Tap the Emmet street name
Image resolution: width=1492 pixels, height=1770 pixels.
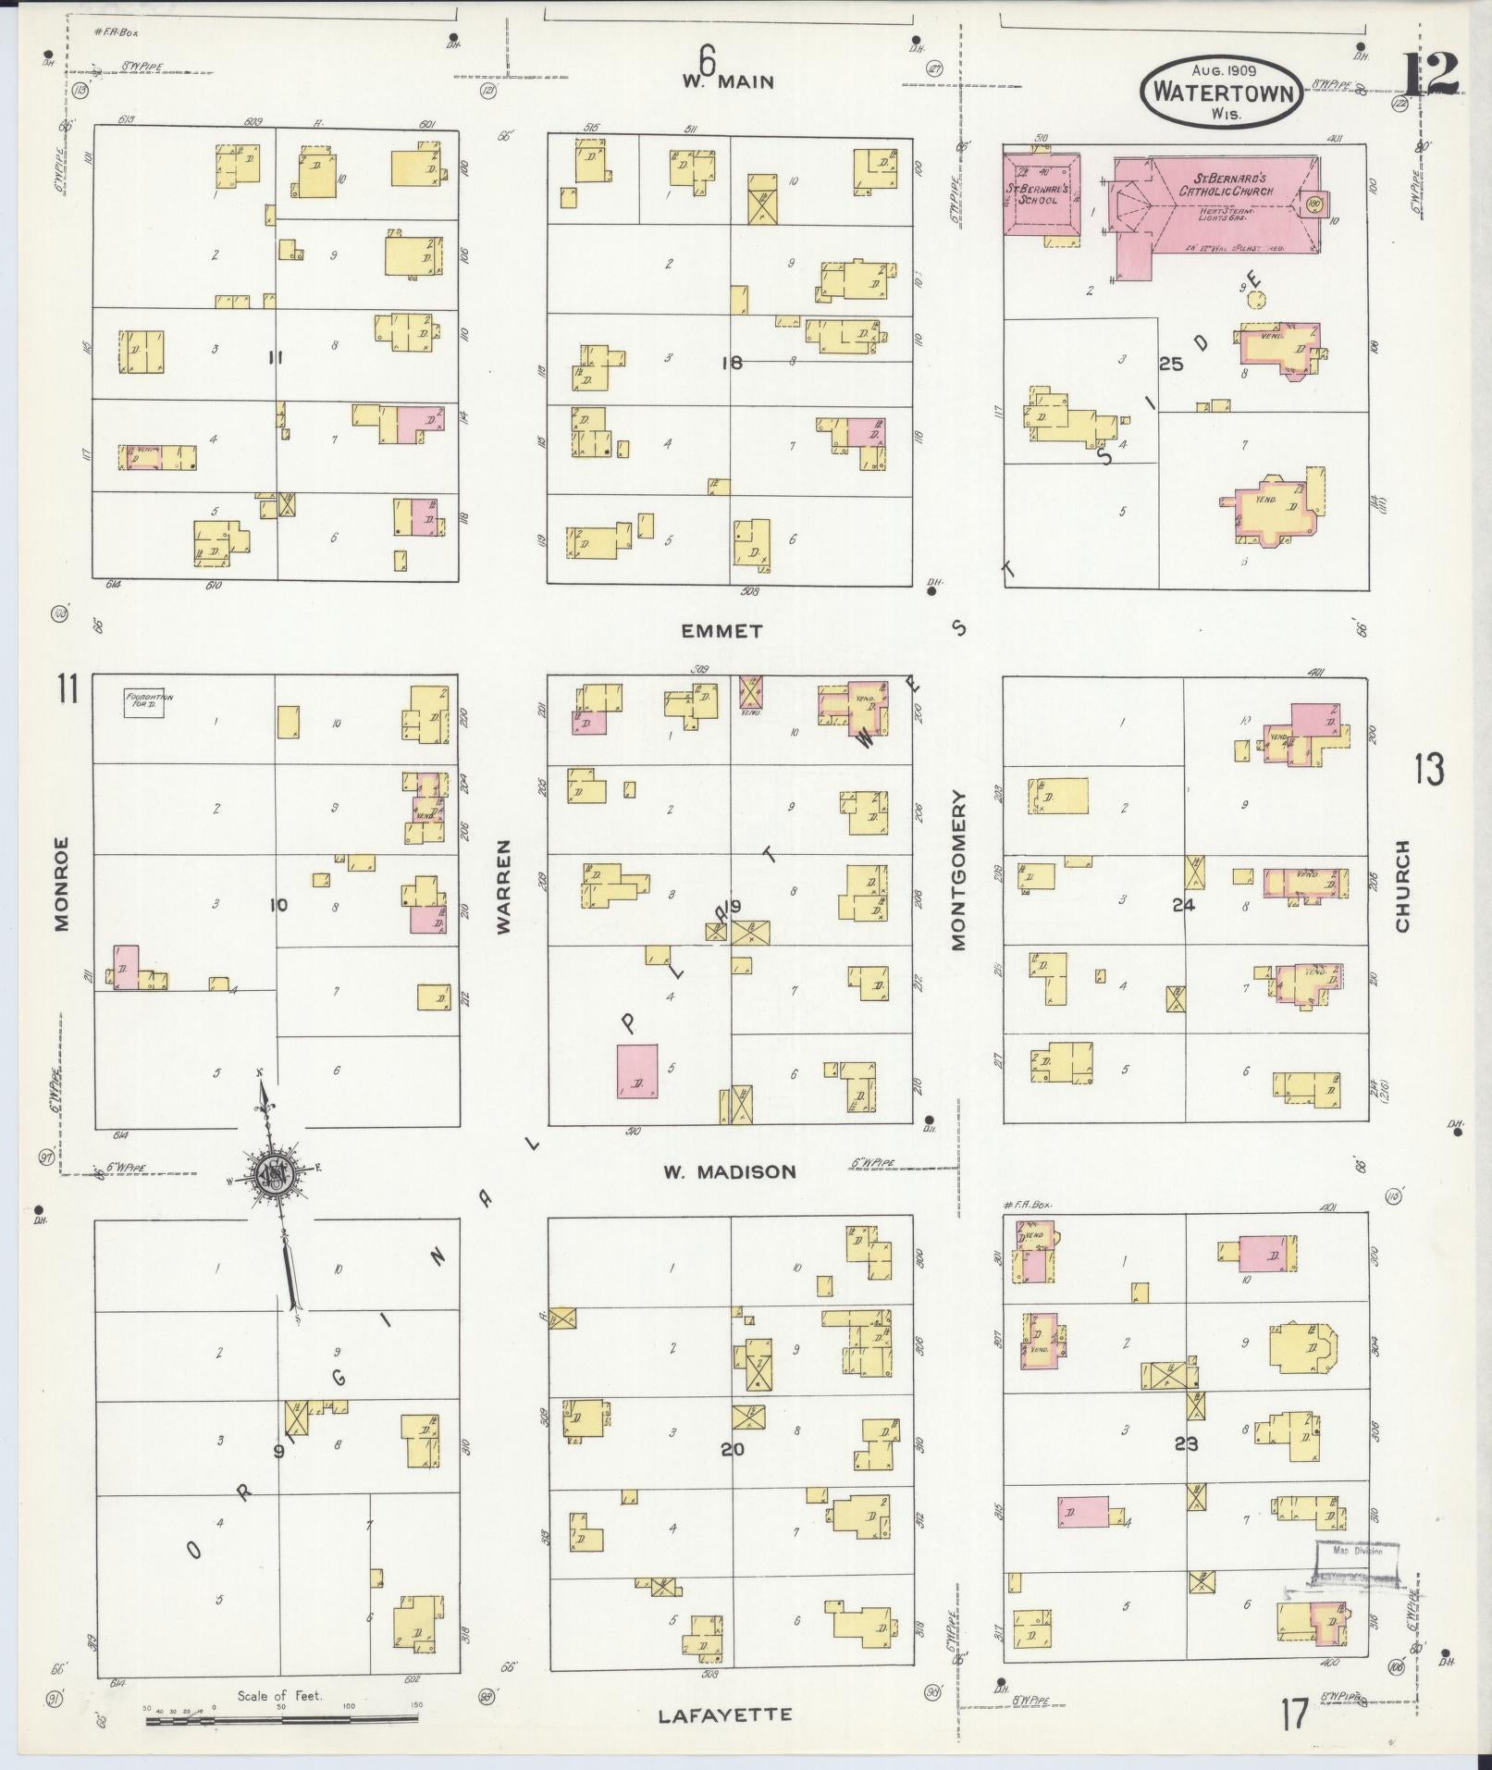click(x=721, y=631)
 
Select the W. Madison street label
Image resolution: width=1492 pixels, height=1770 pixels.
click(x=729, y=1171)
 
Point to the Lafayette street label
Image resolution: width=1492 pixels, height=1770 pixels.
click(x=725, y=1714)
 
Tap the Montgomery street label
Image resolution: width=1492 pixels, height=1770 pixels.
click(x=957, y=870)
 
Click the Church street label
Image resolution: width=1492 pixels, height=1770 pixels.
click(x=1402, y=885)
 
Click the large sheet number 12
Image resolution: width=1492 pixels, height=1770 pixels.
click(x=1430, y=74)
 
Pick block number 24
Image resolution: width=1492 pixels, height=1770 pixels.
click(x=1183, y=905)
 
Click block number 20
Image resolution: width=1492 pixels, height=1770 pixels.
click(x=732, y=1449)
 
